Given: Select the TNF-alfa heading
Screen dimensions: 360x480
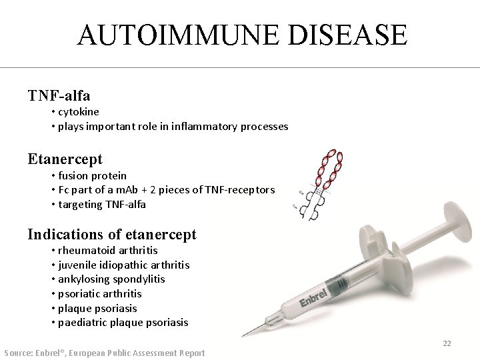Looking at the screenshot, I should (59, 95).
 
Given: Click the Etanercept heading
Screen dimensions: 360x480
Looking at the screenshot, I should (65, 159).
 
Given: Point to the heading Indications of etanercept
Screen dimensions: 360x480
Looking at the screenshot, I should (112, 234).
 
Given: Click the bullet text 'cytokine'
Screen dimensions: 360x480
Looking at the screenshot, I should (79, 112).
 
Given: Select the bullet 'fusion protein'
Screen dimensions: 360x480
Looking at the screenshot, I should (92, 175).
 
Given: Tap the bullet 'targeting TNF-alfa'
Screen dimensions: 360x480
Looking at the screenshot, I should (102, 204).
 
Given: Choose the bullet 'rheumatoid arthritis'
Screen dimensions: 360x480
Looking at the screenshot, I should (108, 251).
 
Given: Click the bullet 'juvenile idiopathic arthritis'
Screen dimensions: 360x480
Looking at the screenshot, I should (123, 265).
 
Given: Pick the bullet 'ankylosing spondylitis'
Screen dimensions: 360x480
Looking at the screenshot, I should (111, 279).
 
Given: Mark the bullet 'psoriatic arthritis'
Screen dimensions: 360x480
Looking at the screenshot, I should (100, 293).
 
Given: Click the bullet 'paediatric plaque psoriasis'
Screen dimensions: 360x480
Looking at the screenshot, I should (123, 323).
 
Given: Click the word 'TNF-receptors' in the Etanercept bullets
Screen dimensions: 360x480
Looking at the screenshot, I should (240, 190).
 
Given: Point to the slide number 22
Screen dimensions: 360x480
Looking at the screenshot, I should (447, 343).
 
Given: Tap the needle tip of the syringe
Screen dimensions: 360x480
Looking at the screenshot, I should (244, 335).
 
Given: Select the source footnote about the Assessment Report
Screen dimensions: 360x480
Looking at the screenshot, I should (105, 352).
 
